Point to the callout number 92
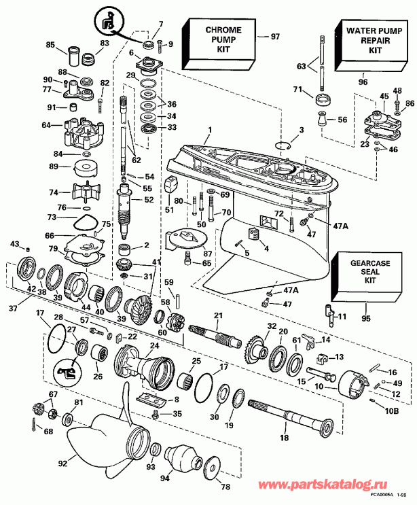pyautogui.click(x=62, y=465)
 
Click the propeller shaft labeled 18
pyautogui.click(x=292, y=422)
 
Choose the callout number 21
pyautogui.click(x=217, y=316)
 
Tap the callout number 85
pyautogui.click(x=50, y=46)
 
